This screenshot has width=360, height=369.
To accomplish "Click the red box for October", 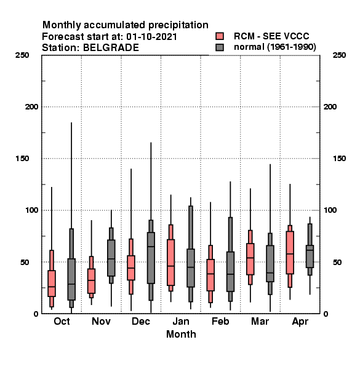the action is click(52, 284).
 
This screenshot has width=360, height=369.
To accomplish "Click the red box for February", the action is click(210, 275).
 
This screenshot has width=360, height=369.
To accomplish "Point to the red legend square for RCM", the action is click(220, 36).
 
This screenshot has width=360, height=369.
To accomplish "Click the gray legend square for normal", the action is click(220, 47).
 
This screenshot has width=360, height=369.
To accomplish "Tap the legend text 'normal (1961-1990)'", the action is click(275, 47).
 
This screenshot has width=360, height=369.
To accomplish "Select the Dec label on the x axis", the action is click(141, 321).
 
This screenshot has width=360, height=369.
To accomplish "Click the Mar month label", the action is click(260, 321).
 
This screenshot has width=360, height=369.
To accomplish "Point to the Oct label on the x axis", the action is click(62, 321).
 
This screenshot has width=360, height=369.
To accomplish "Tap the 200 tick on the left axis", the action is click(31, 107).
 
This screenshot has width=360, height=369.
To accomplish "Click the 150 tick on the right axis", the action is click(339, 159).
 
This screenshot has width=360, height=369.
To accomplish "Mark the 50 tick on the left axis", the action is click(25, 262).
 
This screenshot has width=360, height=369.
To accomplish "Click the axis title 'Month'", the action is click(181, 334).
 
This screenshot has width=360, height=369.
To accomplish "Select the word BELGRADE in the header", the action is click(111, 48).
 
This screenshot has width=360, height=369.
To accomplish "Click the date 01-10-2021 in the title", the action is click(151, 37).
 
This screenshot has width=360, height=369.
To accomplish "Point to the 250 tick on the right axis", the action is click(339, 55).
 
